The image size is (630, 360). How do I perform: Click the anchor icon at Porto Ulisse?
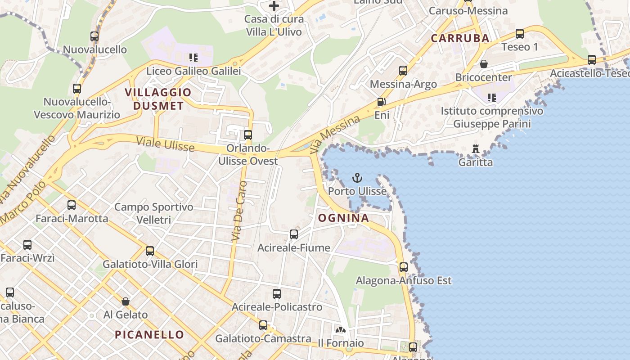click(357, 178)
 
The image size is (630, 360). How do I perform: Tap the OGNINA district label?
click(344, 218)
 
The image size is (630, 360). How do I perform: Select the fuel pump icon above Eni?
click(381, 102)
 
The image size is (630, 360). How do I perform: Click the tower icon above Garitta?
click(475, 148)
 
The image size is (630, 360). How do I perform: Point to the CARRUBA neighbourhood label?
click(460, 38)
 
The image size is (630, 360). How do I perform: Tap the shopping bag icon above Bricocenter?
click(484, 64)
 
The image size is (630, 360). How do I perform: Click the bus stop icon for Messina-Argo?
click(403, 71)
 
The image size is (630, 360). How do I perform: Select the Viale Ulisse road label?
click(166, 145)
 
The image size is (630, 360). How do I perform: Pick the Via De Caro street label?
click(239, 211)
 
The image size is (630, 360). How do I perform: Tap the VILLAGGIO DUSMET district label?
click(158, 99)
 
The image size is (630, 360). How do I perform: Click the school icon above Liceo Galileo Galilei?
click(193, 58)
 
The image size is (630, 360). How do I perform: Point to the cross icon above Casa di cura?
click(274, 6)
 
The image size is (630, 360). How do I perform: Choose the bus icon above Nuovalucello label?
click(94, 36)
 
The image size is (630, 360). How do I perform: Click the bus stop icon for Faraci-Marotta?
click(72, 206)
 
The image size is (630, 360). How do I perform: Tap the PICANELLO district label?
click(149, 335)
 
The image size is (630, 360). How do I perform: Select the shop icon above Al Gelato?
click(126, 301)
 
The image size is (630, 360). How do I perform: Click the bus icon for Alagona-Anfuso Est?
click(404, 267)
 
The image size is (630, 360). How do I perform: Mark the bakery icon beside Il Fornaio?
click(341, 330)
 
